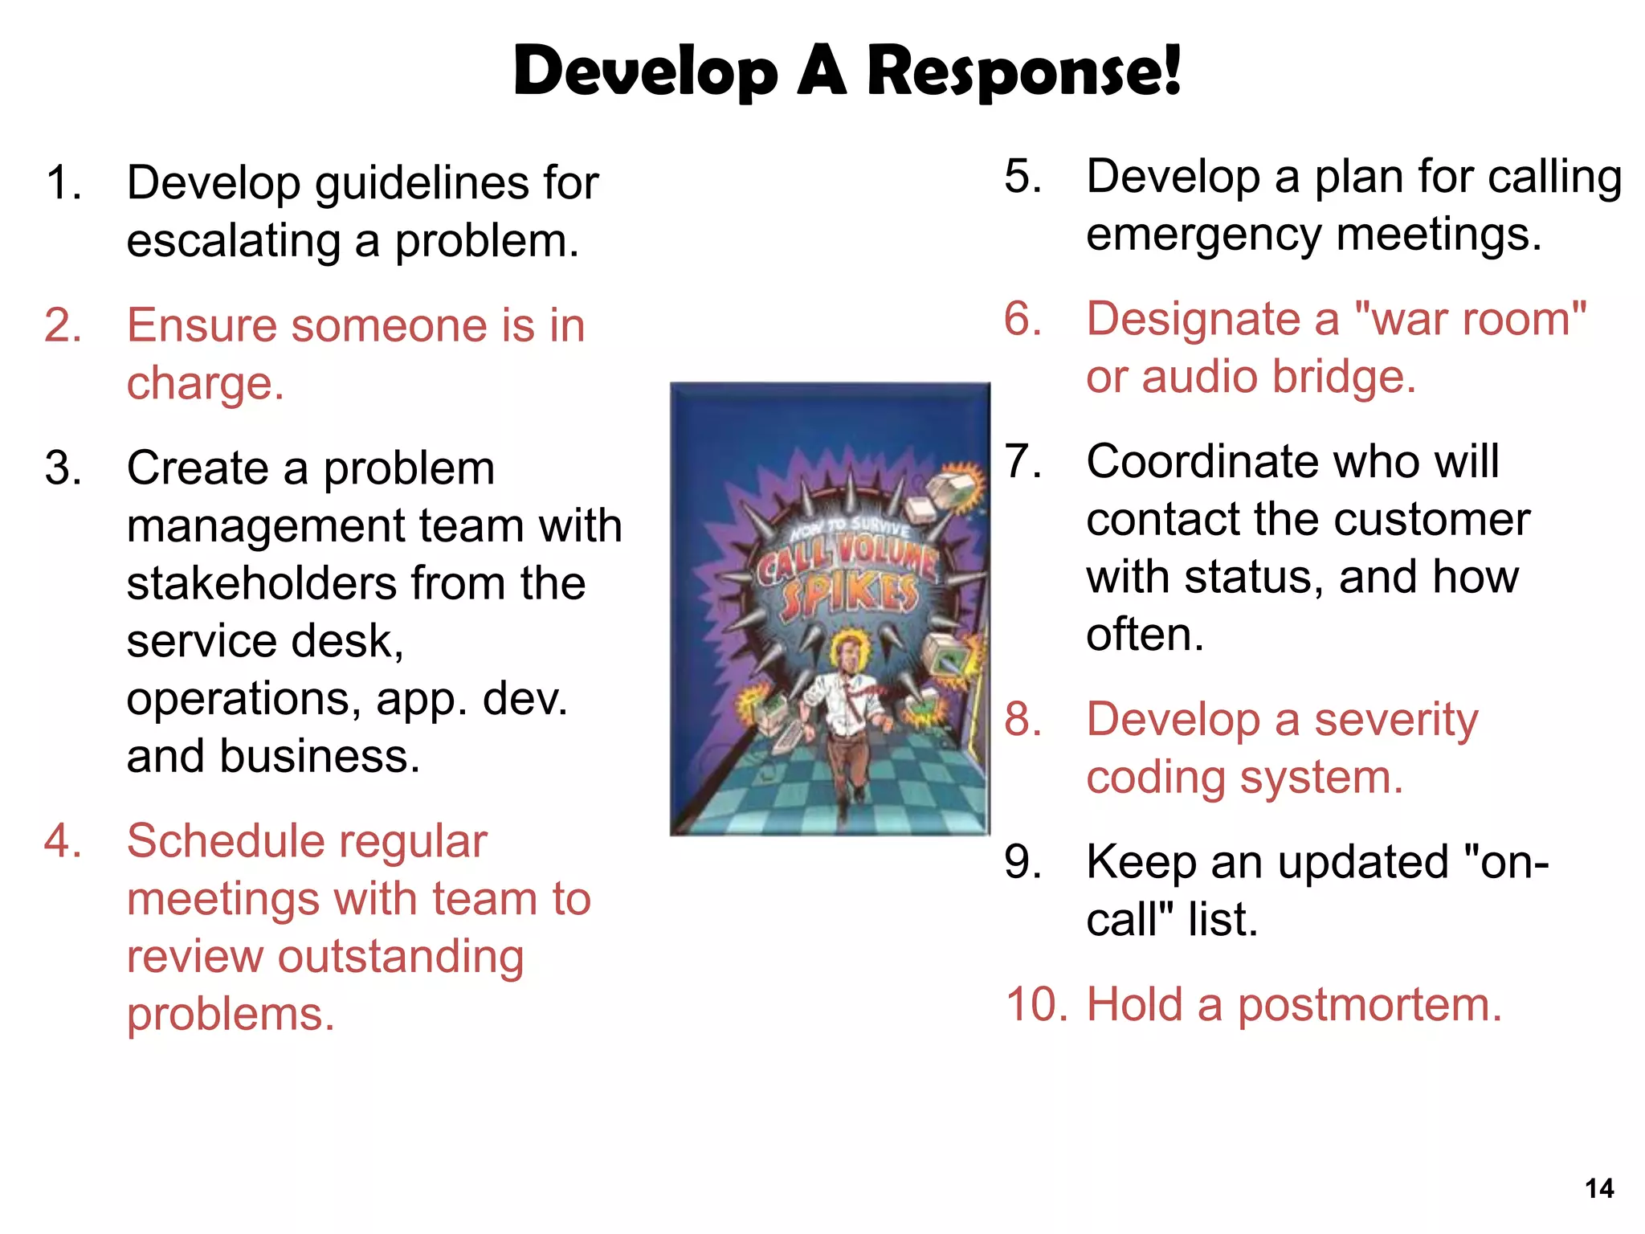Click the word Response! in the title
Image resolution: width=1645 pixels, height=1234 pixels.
[x=1024, y=72]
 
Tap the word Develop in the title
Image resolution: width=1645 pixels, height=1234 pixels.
[x=646, y=72]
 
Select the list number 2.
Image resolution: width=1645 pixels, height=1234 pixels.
[x=63, y=325]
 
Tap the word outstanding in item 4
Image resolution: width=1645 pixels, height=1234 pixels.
[x=401, y=957]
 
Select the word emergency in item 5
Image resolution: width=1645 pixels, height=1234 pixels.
[x=1203, y=235]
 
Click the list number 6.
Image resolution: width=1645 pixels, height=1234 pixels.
[x=1023, y=319]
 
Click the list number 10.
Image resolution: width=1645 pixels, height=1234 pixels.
[x=1035, y=1005]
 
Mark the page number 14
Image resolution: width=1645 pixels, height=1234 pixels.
[x=1599, y=1188]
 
